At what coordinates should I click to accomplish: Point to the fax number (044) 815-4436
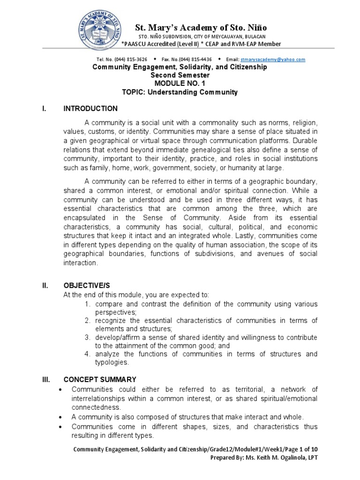193,60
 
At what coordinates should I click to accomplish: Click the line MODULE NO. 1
180,83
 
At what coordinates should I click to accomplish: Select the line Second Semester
180,75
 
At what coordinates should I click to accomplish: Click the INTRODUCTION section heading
90,109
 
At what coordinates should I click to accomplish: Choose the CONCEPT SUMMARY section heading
100,379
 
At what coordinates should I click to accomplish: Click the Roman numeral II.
45,285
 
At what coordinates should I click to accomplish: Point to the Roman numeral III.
46,379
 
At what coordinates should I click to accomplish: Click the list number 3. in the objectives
87,337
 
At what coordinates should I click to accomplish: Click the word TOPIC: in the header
135,92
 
